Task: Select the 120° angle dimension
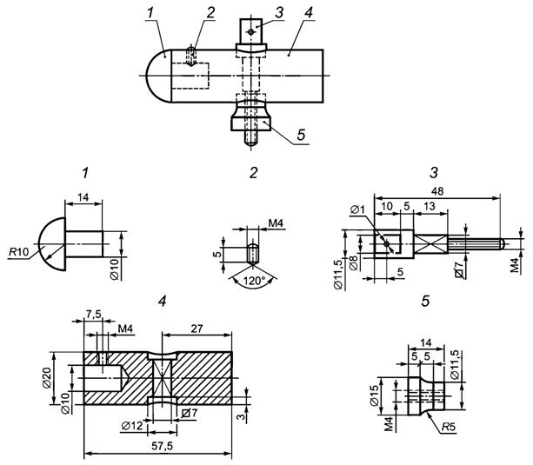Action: [x=253, y=281]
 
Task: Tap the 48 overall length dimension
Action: [x=437, y=191]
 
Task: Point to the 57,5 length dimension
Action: [x=163, y=446]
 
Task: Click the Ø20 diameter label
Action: [x=47, y=377]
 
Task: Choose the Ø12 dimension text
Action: [x=132, y=426]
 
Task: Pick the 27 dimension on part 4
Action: [x=197, y=329]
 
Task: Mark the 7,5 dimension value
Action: [x=93, y=314]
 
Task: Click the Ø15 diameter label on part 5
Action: [x=374, y=395]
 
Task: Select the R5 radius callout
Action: [x=449, y=427]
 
